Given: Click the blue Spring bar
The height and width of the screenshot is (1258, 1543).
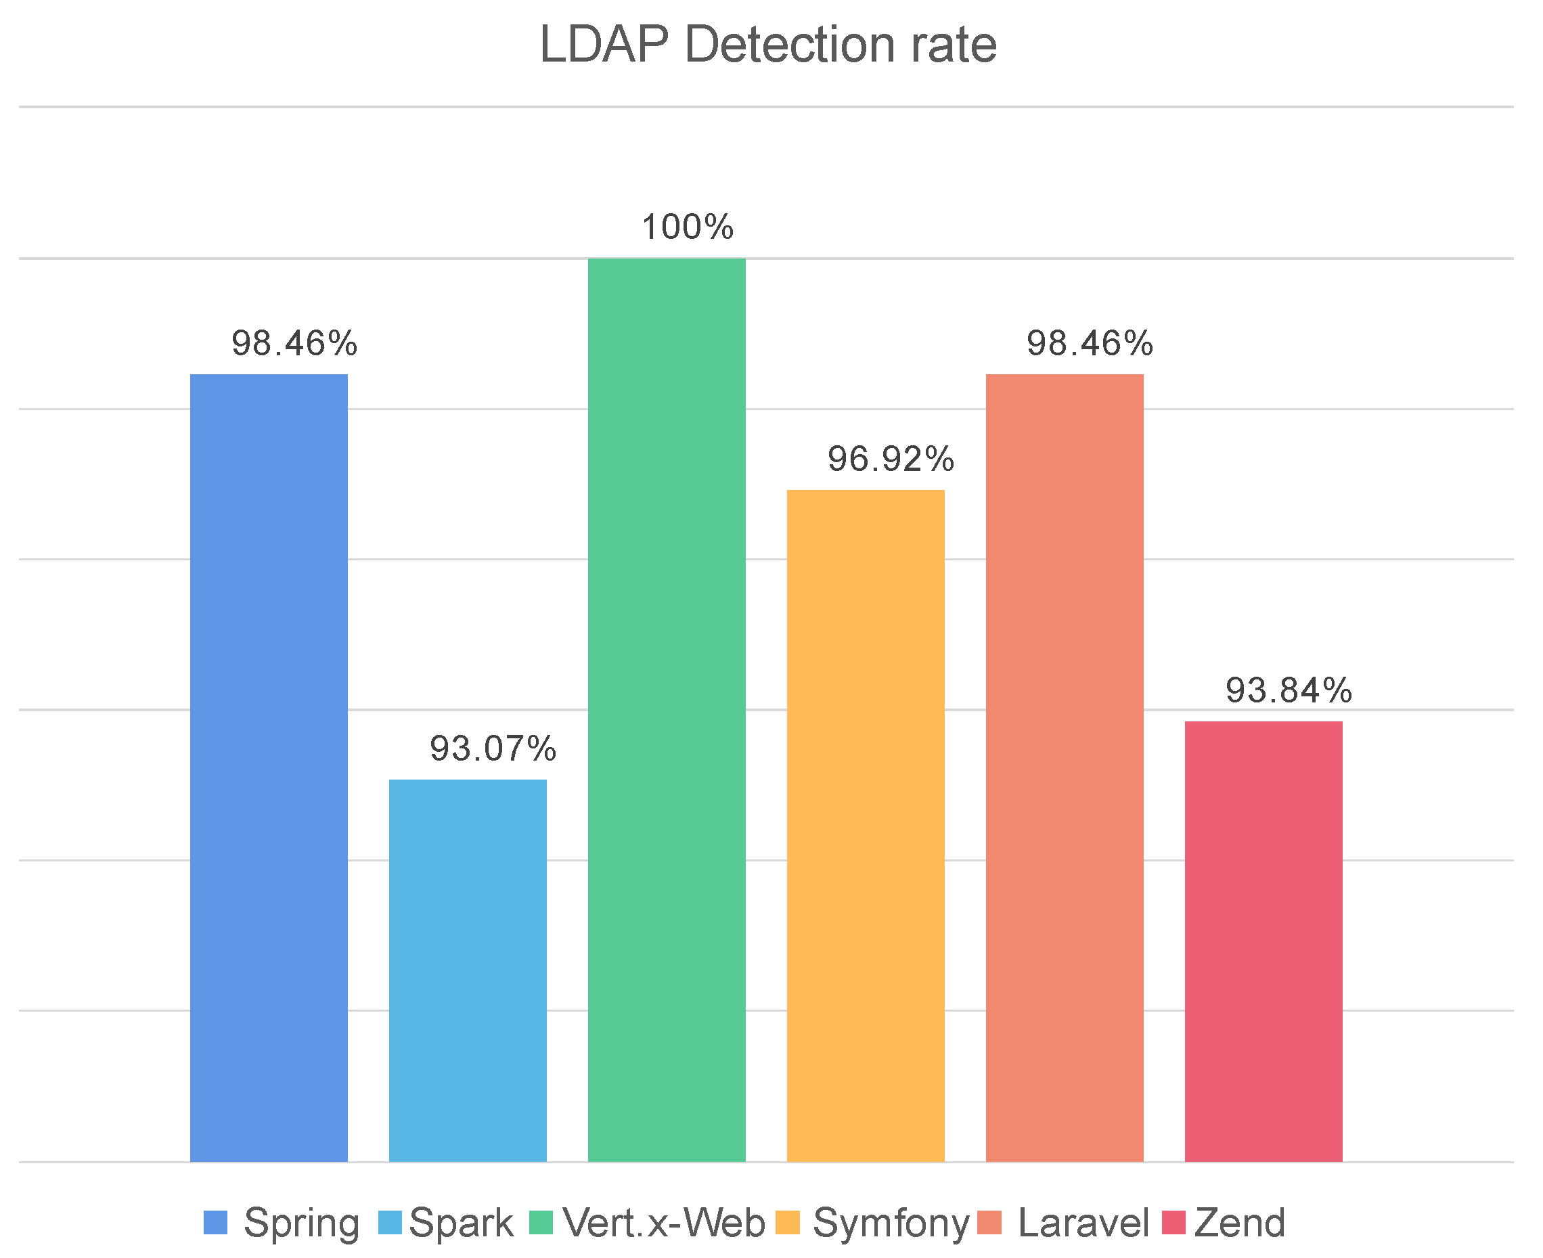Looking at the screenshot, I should pos(268,767).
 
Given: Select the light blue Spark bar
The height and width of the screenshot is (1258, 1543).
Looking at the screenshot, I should pos(468,970).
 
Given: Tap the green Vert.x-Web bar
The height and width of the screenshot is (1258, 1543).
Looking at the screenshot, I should pos(666,709).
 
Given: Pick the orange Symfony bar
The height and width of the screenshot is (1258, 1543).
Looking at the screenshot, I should pos(866,826).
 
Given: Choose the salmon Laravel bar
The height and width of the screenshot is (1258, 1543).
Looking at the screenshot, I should pos(1064,767).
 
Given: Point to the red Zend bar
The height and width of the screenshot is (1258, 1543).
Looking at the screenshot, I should pos(1264,941).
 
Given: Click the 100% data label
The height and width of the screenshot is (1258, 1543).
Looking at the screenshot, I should pos(687,227).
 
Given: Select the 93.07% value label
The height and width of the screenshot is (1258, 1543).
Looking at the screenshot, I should pos(493,748).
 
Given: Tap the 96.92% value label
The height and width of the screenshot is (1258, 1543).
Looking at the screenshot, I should pos(891,459).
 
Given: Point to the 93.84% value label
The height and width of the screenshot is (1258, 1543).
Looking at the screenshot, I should pos(1289,691).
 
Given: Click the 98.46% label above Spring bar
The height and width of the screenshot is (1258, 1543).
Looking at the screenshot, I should pos(294,343).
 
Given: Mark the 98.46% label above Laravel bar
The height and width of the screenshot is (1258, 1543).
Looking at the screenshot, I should pos(1090,343).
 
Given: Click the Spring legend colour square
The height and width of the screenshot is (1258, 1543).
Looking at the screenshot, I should pos(215,1223).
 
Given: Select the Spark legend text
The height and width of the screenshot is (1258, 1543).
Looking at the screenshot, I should pos(461,1223).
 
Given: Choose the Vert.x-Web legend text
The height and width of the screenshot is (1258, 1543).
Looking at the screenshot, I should pos(663,1223).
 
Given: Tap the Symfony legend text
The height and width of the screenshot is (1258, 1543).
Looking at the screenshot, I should pos(891,1223).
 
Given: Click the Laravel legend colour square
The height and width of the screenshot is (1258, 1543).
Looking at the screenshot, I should pos(989,1223).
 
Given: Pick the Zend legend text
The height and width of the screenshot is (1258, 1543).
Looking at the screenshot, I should pos(1239,1223).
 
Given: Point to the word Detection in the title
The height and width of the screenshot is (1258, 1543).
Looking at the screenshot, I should pos(790,45).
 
